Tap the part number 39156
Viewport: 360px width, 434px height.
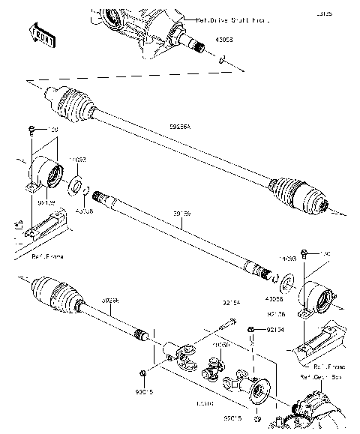[181, 214]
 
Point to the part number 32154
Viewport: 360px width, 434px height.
[231, 304]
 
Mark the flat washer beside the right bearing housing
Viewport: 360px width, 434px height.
[283, 283]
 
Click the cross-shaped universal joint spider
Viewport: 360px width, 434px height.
[216, 369]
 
